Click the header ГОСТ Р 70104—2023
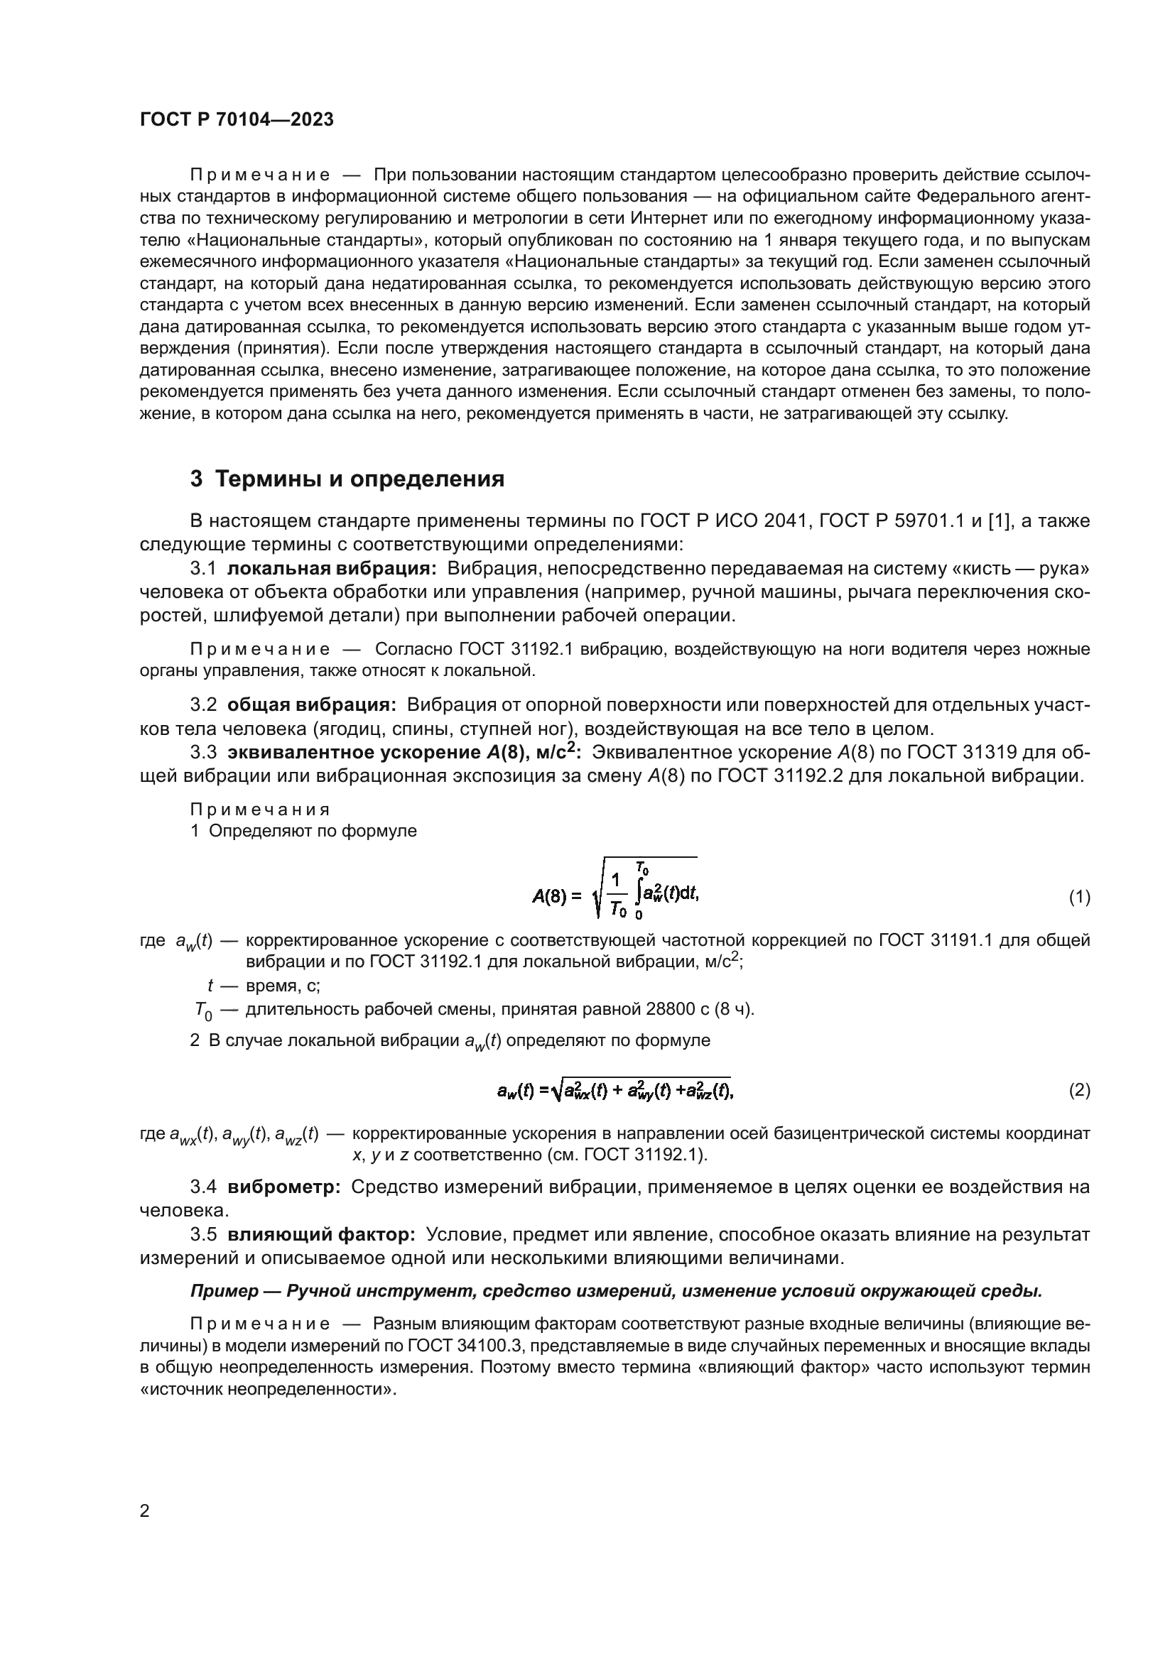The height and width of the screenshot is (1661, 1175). tap(237, 120)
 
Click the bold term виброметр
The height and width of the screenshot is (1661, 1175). tap(283, 1187)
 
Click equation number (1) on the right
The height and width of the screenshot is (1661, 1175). tap(1079, 898)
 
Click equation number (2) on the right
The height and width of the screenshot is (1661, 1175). tap(1079, 1090)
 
